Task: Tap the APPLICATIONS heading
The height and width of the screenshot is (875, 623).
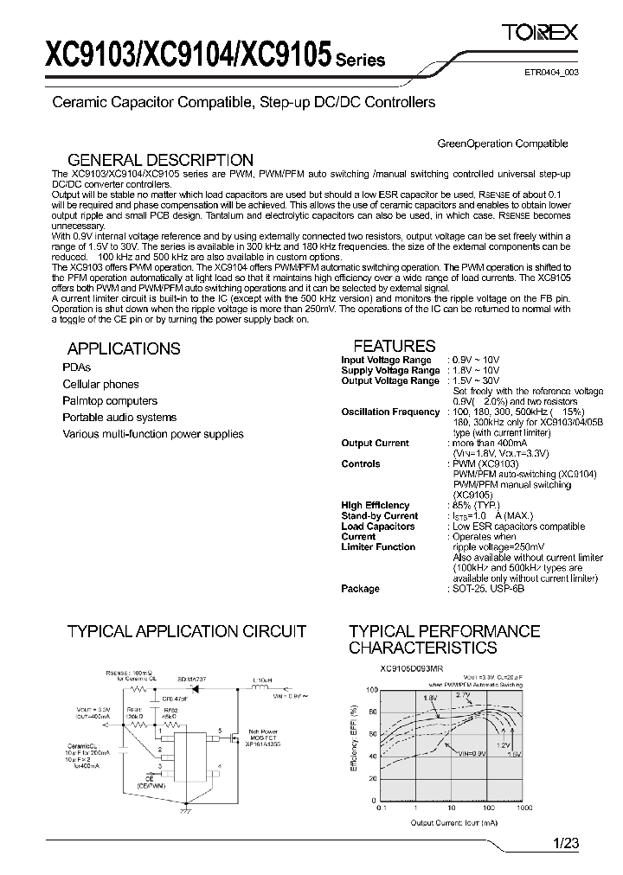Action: pyautogui.click(x=124, y=348)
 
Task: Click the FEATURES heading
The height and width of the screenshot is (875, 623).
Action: pyautogui.click(x=395, y=346)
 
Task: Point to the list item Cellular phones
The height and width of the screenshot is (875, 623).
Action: pyautogui.click(x=100, y=384)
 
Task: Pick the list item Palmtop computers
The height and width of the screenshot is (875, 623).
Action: pyautogui.click(x=110, y=400)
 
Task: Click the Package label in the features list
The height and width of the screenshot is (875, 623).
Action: pyautogui.click(x=360, y=589)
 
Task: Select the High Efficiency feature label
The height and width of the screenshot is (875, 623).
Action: pyautogui.click(x=375, y=505)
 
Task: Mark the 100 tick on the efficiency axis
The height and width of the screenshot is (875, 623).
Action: pyautogui.click(x=372, y=690)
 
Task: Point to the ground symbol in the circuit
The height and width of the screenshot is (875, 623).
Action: pyautogui.click(x=181, y=811)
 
